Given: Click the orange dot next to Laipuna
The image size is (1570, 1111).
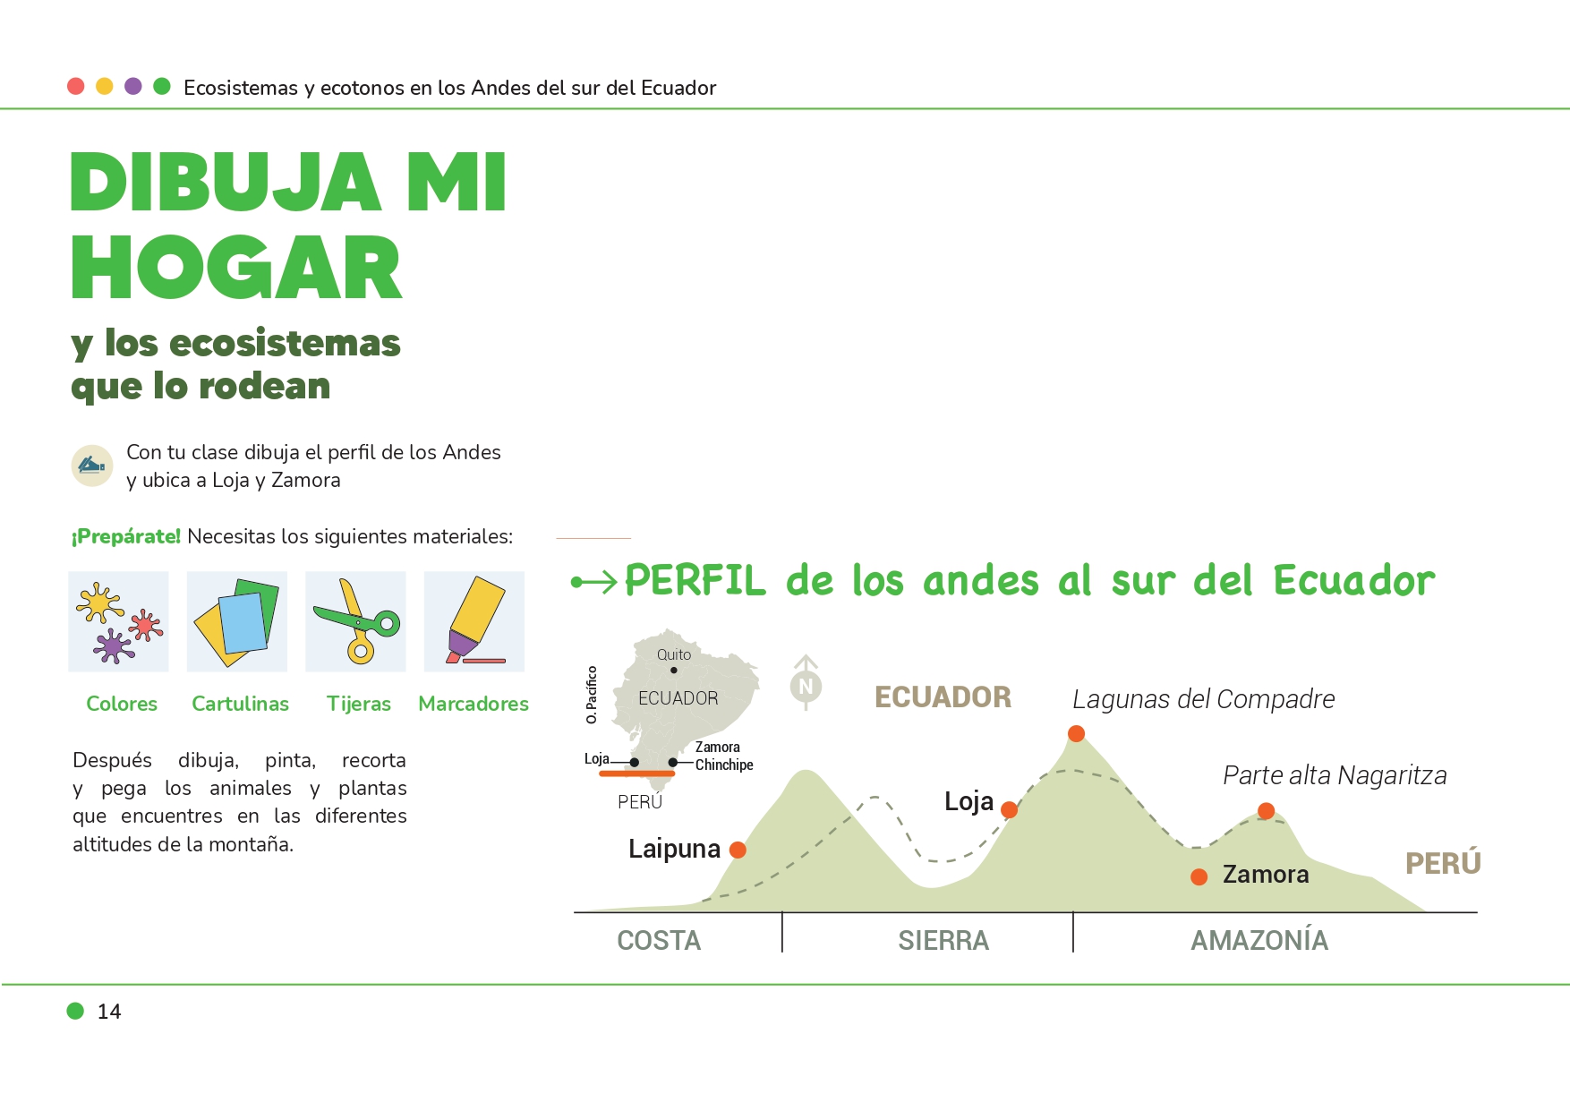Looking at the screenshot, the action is pos(738,850).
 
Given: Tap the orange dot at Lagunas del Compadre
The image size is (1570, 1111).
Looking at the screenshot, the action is pos(1076,733).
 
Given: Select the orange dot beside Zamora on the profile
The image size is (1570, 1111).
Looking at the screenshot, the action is pos(1199,876).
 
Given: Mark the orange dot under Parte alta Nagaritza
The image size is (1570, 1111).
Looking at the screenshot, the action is pos(1266,810).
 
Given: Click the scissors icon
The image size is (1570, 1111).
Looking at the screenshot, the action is pos(355,621).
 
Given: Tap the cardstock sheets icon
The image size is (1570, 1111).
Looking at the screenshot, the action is pos(237,621).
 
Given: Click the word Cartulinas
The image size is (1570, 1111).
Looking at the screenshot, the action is pos(240,704).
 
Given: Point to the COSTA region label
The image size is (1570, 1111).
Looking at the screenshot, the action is pos(659,940).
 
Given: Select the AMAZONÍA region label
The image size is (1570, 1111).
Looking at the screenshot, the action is pos(1259,939).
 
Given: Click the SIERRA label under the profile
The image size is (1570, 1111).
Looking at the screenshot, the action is pos(943,940).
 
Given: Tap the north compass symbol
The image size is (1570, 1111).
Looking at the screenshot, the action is pos(806,682).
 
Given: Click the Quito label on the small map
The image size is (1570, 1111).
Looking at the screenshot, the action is pos(674,654).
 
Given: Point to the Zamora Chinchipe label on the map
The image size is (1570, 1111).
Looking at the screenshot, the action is pos(724,756).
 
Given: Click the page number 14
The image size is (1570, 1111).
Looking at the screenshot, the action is pos(109,1012).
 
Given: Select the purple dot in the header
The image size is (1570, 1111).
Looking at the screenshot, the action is pos(133,86).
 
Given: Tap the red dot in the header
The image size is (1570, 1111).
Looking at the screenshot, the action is pos(76,86).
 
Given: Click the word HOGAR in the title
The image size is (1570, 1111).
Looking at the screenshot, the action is pos(236,268).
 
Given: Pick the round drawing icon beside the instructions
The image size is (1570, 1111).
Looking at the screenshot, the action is pos(92,466).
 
